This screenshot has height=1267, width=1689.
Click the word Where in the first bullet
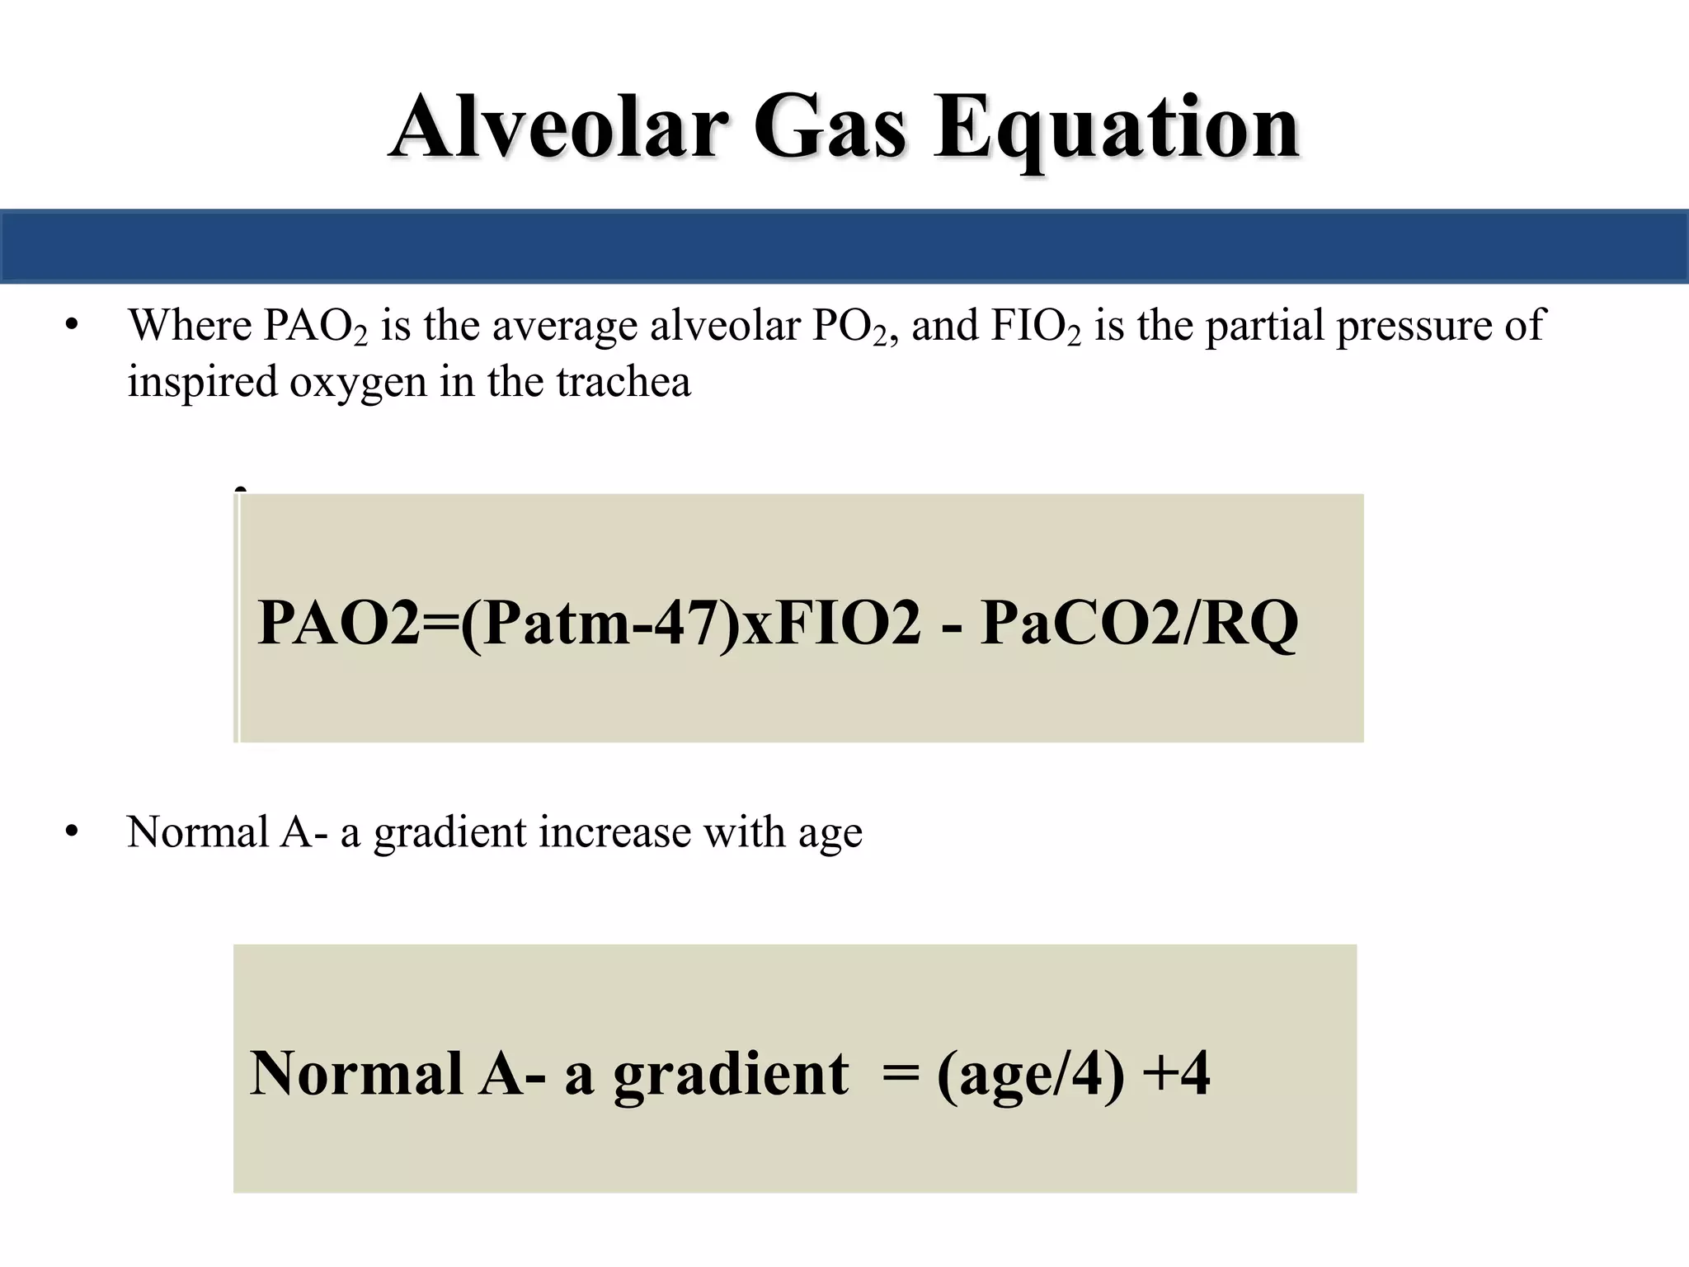[x=190, y=325]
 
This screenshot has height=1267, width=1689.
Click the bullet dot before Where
[x=72, y=325]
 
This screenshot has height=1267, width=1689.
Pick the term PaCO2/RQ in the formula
[x=1139, y=624]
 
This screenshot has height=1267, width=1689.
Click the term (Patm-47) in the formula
[x=600, y=624]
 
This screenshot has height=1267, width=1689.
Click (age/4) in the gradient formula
[x=1030, y=1074]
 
